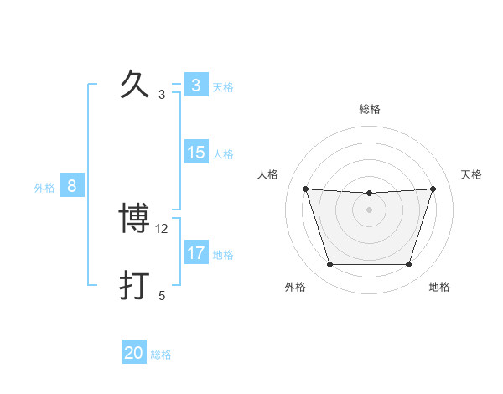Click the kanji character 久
coord(135,86)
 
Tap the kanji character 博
coord(135,220)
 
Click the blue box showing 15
coord(196,152)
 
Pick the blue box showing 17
coord(196,252)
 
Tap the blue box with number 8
coord(72,186)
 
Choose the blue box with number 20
coord(134,353)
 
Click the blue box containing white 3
coord(196,85)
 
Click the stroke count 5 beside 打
coord(163,296)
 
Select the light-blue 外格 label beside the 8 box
coord(44,188)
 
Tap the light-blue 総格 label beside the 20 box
coord(161,355)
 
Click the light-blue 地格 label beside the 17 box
coord(223,255)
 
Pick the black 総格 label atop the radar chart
coord(369,109)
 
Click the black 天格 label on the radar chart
coord(472,174)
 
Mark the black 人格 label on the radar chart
coord(267,174)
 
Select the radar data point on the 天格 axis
coord(433,189)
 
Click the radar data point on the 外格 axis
coord(329,265)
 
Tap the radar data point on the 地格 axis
coord(408,265)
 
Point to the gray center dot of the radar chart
coord(369,210)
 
